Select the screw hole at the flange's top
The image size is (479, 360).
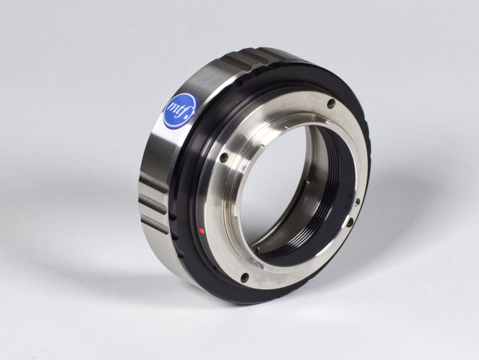tap(330, 104)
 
